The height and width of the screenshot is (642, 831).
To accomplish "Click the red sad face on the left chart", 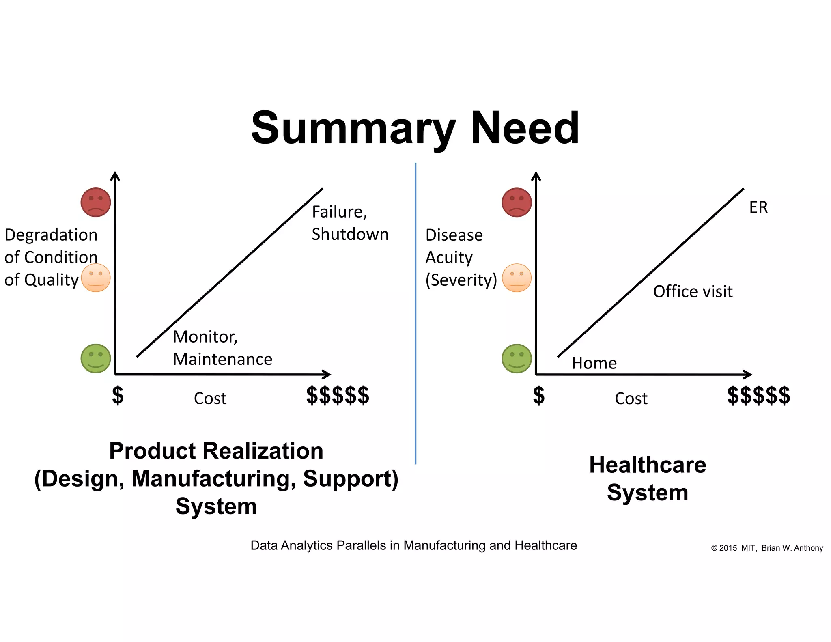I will (x=96, y=202).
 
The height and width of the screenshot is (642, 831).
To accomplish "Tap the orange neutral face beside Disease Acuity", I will (x=517, y=278).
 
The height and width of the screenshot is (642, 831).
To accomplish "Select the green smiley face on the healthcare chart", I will (x=517, y=358).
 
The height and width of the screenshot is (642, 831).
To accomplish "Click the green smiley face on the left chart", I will (x=96, y=358).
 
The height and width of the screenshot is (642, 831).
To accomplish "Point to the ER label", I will (x=758, y=208).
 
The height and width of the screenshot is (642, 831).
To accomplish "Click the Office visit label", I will (x=693, y=292).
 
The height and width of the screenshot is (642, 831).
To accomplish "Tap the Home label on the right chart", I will (x=594, y=363).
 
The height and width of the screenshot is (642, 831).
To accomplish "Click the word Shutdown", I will (x=350, y=235).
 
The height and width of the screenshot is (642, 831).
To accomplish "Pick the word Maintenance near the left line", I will (x=222, y=360).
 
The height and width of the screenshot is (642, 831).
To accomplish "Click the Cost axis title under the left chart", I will (x=210, y=399).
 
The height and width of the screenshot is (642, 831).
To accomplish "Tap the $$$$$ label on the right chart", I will (x=758, y=396).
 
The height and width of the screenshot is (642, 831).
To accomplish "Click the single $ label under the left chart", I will (x=118, y=396).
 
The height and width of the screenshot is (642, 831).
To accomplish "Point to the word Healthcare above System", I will (x=648, y=465).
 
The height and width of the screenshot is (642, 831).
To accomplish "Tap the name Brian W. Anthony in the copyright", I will (x=792, y=548).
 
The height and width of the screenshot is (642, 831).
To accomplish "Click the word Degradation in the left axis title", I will (x=51, y=235).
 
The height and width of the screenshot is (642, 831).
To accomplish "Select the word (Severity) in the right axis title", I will (x=461, y=280).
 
